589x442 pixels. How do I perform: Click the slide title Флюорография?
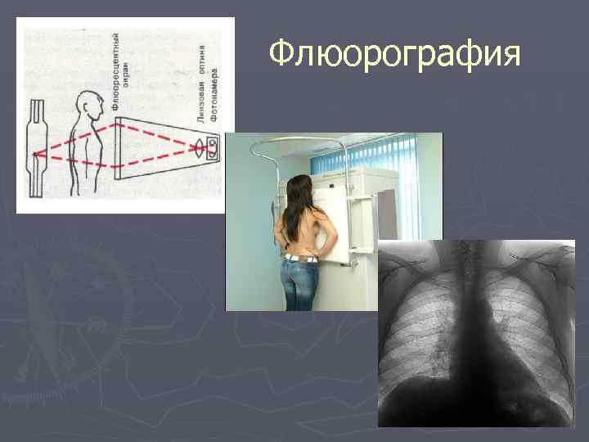click(x=395, y=55)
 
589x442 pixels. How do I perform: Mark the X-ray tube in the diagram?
click(x=34, y=149)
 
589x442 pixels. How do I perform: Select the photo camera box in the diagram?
click(x=214, y=147)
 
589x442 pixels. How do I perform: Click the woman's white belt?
click(x=300, y=259)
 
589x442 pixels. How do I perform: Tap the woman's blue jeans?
click(x=299, y=286)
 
